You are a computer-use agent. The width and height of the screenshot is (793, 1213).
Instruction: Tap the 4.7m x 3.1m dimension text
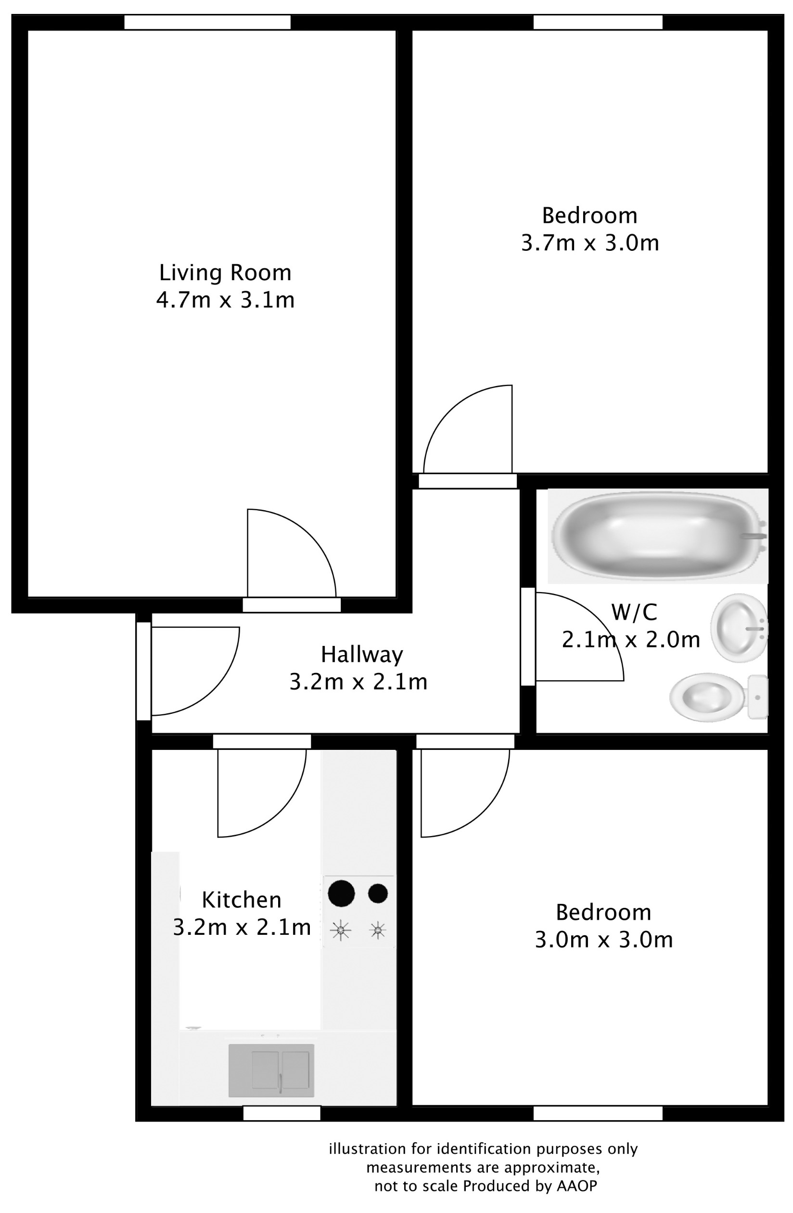click(x=225, y=300)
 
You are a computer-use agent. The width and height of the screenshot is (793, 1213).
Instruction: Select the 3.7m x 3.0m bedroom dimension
click(x=589, y=243)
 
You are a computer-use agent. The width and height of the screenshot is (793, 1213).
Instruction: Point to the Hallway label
click(x=361, y=655)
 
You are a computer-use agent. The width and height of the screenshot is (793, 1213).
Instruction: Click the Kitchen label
click(x=241, y=900)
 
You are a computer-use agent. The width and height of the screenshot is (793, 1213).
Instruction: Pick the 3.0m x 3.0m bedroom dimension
click(x=603, y=939)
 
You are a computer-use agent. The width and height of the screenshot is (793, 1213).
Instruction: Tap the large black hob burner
click(x=341, y=893)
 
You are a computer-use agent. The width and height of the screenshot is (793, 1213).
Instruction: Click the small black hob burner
click(x=378, y=893)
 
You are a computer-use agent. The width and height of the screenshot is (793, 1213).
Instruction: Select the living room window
click(x=207, y=23)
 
